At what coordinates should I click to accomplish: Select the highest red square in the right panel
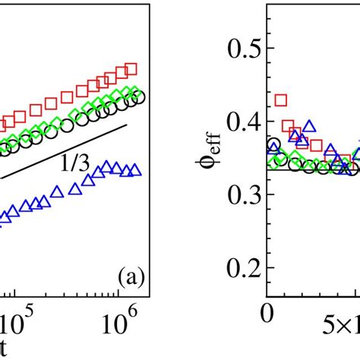[x=281, y=99]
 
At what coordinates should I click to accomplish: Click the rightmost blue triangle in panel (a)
[x=135, y=170]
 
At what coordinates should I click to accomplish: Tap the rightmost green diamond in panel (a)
[x=134, y=93]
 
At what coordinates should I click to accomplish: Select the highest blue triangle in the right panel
[x=308, y=126]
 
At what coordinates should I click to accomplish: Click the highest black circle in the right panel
[x=273, y=144]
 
